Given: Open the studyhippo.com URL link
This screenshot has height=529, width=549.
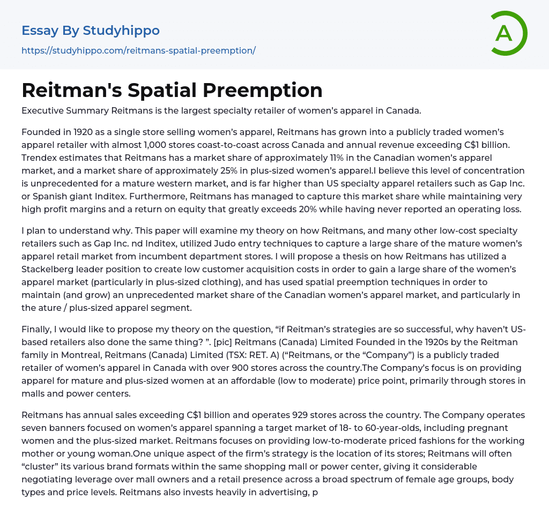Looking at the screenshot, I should point(138,50).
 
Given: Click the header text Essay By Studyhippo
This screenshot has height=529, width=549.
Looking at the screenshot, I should point(91,31).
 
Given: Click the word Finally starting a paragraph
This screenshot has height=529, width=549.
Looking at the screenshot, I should point(38,330).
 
